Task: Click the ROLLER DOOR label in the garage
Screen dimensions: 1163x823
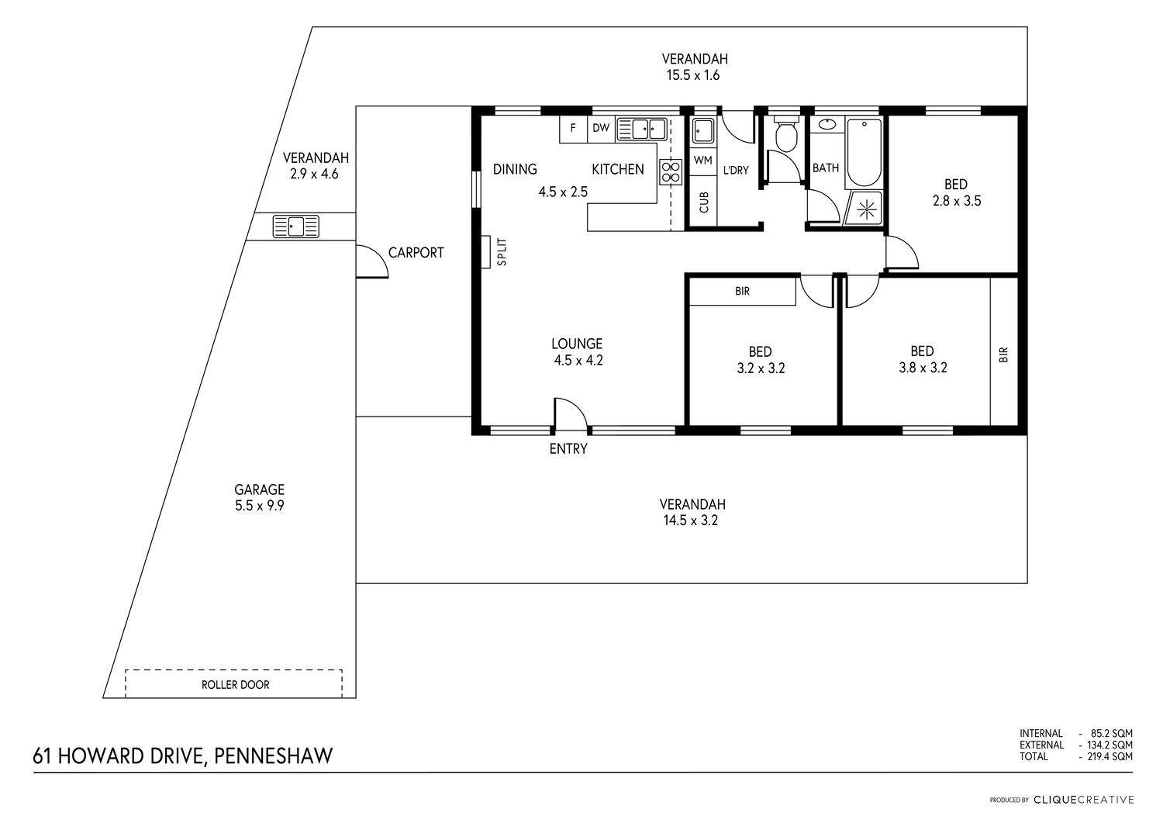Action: tap(235, 685)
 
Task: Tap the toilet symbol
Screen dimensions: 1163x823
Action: tap(787, 133)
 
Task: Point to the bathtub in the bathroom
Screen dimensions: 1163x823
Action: tap(864, 153)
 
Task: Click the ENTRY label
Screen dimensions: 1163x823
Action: tap(568, 448)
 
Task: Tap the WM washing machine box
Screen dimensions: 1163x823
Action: tap(703, 160)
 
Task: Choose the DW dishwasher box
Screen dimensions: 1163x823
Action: tap(601, 128)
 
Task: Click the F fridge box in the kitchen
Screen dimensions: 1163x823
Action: tap(573, 128)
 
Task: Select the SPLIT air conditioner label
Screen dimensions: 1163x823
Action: tap(502, 252)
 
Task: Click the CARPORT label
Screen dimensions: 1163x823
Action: tap(416, 253)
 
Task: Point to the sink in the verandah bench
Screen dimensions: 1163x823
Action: tap(296, 227)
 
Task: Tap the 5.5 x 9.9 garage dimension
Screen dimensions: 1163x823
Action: tap(260, 506)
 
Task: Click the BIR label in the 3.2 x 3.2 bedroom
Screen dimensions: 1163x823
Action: tap(743, 292)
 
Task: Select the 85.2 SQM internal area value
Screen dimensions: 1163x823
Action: tap(1112, 734)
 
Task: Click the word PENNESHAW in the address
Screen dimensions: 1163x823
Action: tap(273, 756)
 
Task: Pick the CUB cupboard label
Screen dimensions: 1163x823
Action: tap(704, 202)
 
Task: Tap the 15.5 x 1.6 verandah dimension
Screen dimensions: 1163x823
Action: tap(693, 75)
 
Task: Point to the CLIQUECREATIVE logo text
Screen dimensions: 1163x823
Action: tap(1084, 801)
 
